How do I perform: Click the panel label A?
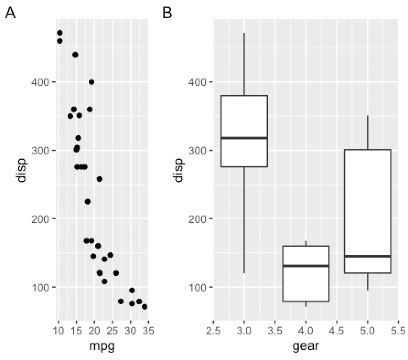(x=10, y=14)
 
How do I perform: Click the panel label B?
(x=167, y=14)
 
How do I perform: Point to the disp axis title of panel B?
(x=178, y=170)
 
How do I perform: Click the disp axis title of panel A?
(x=21, y=170)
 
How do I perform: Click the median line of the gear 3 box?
(x=244, y=138)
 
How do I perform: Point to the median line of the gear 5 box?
(x=367, y=256)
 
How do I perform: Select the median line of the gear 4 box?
(x=306, y=265)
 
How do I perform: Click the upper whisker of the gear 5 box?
(x=367, y=132)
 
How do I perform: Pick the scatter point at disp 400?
(x=91, y=82)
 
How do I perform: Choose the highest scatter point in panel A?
(x=59, y=33)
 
